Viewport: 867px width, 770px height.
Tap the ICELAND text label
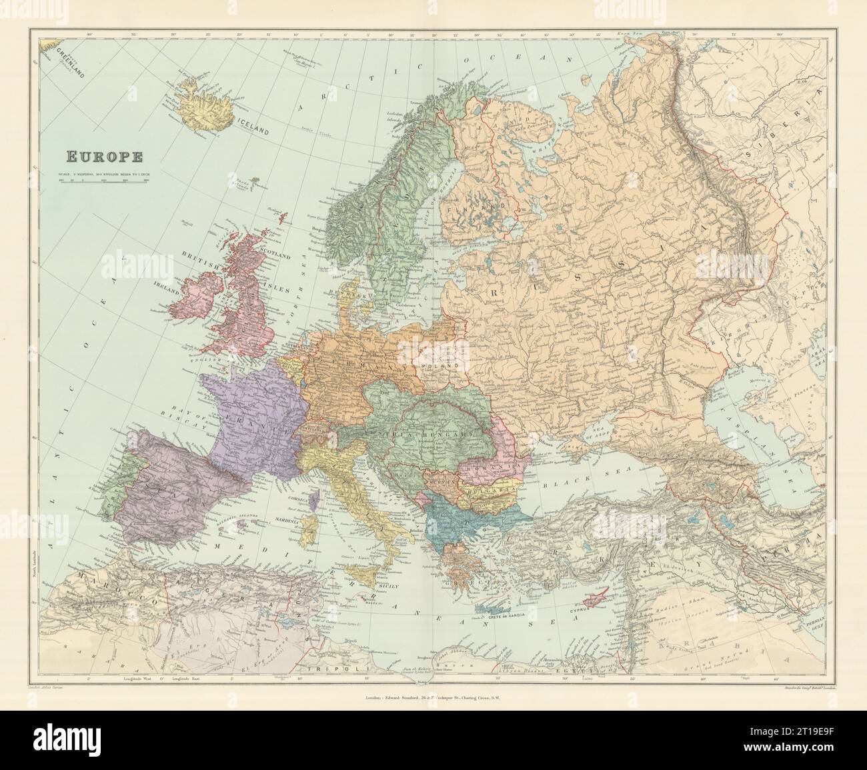[252, 126]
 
